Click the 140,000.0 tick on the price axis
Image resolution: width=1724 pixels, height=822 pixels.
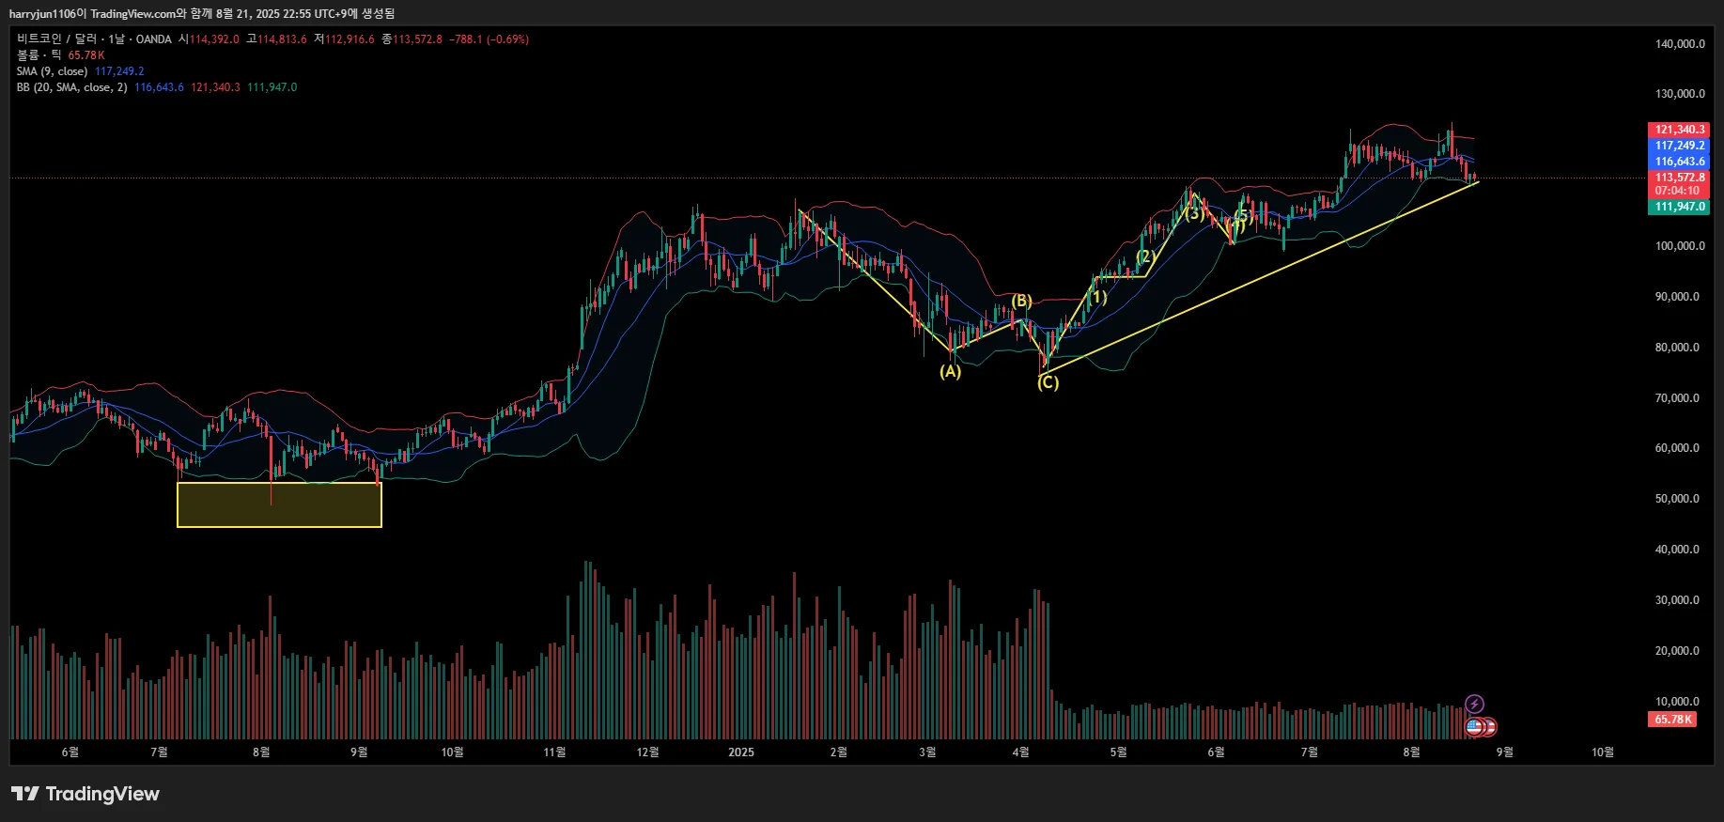click(x=1679, y=43)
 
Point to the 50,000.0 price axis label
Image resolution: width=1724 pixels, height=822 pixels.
click(x=1677, y=499)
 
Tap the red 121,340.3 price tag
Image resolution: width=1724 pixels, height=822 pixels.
click(x=1679, y=130)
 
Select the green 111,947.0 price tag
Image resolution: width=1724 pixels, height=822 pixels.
click(x=1679, y=207)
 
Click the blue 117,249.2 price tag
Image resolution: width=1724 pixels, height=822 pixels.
click(x=1679, y=146)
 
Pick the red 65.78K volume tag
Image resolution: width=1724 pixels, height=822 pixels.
click(x=1672, y=720)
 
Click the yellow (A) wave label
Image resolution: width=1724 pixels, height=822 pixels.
click(x=951, y=371)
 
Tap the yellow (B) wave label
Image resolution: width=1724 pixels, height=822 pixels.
click(x=1022, y=302)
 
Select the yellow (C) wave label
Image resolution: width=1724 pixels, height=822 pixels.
click(x=1048, y=382)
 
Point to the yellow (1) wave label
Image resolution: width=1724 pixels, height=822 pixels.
click(x=1097, y=298)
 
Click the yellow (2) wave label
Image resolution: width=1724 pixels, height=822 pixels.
click(x=1144, y=256)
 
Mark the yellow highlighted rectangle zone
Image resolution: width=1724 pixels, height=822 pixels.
click(x=279, y=504)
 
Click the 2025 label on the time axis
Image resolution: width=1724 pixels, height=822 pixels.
click(x=741, y=752)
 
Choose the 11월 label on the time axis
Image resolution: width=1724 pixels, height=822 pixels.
click(x=554, y=752)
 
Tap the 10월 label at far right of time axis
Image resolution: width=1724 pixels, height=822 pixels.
click(x=1602, y=752)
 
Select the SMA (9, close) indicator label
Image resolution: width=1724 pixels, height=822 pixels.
click(x=52, y=71)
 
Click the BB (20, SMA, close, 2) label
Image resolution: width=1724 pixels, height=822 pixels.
click(x=71, y=87)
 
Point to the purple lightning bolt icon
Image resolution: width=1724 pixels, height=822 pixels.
click(x=1475, y=704)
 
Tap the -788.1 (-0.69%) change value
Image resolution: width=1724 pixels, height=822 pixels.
click(x=489, y=39)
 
